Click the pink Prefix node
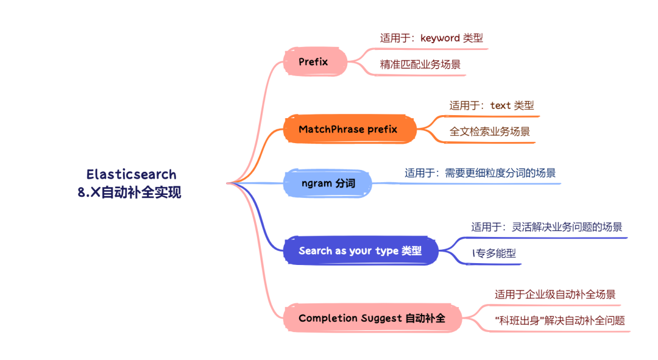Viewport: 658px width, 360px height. coord(314,62)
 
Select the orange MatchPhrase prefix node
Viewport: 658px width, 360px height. coord(348,129)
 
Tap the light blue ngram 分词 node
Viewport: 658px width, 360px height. coord(327,183)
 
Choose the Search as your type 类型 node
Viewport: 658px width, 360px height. coord(360,251)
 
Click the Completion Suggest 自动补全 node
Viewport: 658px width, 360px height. coord(372,318)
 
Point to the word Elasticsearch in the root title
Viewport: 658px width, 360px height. coord(131,175)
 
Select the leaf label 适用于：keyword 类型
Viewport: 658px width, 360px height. coord(431,38)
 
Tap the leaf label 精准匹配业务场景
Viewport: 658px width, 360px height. coord(420,64)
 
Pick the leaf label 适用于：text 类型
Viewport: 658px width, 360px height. coord(491,105)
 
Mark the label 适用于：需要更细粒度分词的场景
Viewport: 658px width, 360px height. coord(480,173)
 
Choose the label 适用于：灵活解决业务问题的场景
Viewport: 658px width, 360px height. coord(546,227)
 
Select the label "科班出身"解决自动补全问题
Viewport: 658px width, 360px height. coord(559,320)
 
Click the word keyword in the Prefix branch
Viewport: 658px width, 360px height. coord(440,38)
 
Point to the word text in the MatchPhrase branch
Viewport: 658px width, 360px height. coord(501,105)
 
